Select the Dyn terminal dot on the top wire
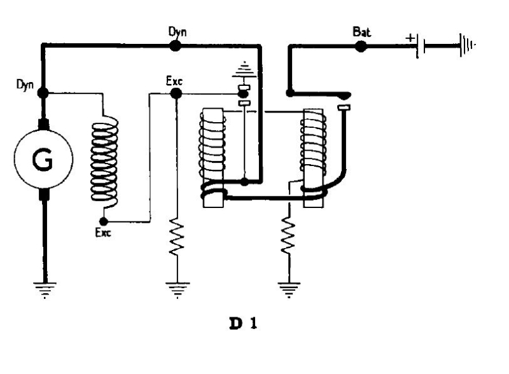[176, 45]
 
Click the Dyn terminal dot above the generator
[43, 93]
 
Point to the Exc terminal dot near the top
[176, 93]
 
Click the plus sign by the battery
[410, 39]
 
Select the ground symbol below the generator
[43, 289]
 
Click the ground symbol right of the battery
[468, 46]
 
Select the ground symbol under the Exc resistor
[176, 289]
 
